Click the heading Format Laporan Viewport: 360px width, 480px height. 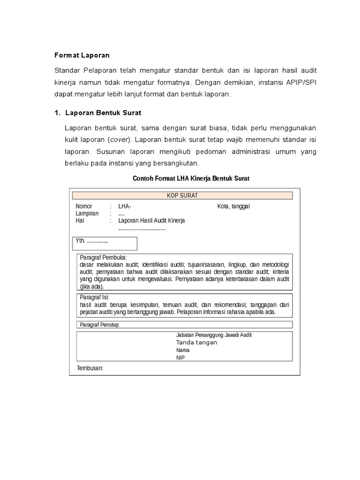pos(82,55)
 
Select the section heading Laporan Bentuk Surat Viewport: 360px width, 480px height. pos(103,113)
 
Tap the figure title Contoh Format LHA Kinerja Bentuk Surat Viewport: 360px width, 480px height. pos(191,179)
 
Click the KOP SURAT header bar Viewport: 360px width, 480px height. pos(182,195)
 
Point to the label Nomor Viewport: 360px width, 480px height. pos(84,207)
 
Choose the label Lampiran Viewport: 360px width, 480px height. pos(87,214)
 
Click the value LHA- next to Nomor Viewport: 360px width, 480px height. pos(125,207)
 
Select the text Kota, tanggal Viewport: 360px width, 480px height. pos(233,207)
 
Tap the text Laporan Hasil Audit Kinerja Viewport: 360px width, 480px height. pos(151,221)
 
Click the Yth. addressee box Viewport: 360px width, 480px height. pos(105,243)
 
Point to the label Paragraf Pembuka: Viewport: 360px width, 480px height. pos(103,257)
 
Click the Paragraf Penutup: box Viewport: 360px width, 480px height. pos(184,324)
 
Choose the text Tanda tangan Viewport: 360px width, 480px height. pos(196,343)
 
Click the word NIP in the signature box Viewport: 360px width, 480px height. pos(180,358)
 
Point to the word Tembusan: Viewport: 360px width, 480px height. pos(90,368)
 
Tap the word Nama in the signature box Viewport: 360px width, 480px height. pos(183,350)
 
